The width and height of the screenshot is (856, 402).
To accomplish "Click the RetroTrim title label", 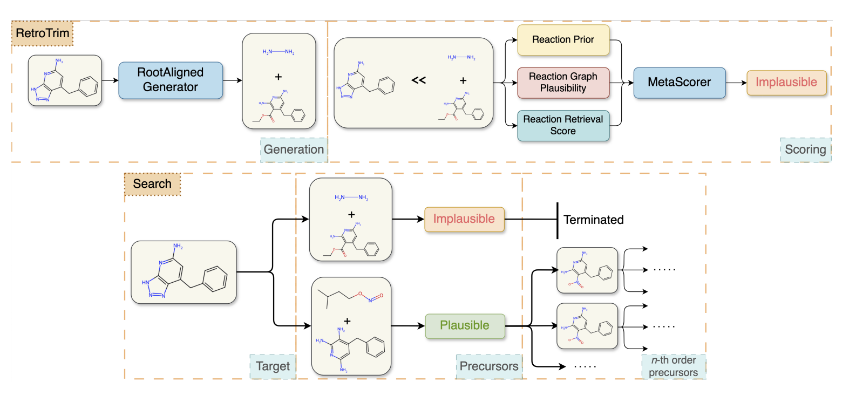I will [42, 33].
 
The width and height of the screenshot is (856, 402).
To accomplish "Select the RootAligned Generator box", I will [171, 80].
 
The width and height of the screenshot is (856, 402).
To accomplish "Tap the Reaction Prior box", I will [563, 40].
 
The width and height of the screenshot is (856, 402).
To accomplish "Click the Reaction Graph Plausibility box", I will [563, 83].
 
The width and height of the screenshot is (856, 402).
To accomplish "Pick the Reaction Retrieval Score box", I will [563, 125].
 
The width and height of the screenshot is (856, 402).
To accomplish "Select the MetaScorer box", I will [679, 83].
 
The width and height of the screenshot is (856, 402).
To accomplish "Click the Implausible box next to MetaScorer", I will [786, 83].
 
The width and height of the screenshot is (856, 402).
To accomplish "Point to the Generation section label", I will [294, 150].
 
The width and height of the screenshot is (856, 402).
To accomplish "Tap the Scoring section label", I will [805, 150].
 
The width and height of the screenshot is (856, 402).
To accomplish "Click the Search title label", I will [152, 184].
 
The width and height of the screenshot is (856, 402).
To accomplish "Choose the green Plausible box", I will [465, 326].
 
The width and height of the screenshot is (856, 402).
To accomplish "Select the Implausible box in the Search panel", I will [464, 219].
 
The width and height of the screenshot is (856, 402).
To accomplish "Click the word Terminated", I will [593, 220].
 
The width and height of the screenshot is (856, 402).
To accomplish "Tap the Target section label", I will [273, 366].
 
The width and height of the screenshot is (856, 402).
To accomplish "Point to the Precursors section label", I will [488, 366].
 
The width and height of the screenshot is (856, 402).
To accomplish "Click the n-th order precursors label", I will [673, 366].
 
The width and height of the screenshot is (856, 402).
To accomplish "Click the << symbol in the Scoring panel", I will [418, 80].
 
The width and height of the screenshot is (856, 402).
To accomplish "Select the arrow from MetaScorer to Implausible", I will [736, 83].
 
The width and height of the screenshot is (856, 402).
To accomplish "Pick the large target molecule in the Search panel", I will [184, 272].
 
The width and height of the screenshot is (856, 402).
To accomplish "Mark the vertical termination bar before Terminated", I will [557, 220].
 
